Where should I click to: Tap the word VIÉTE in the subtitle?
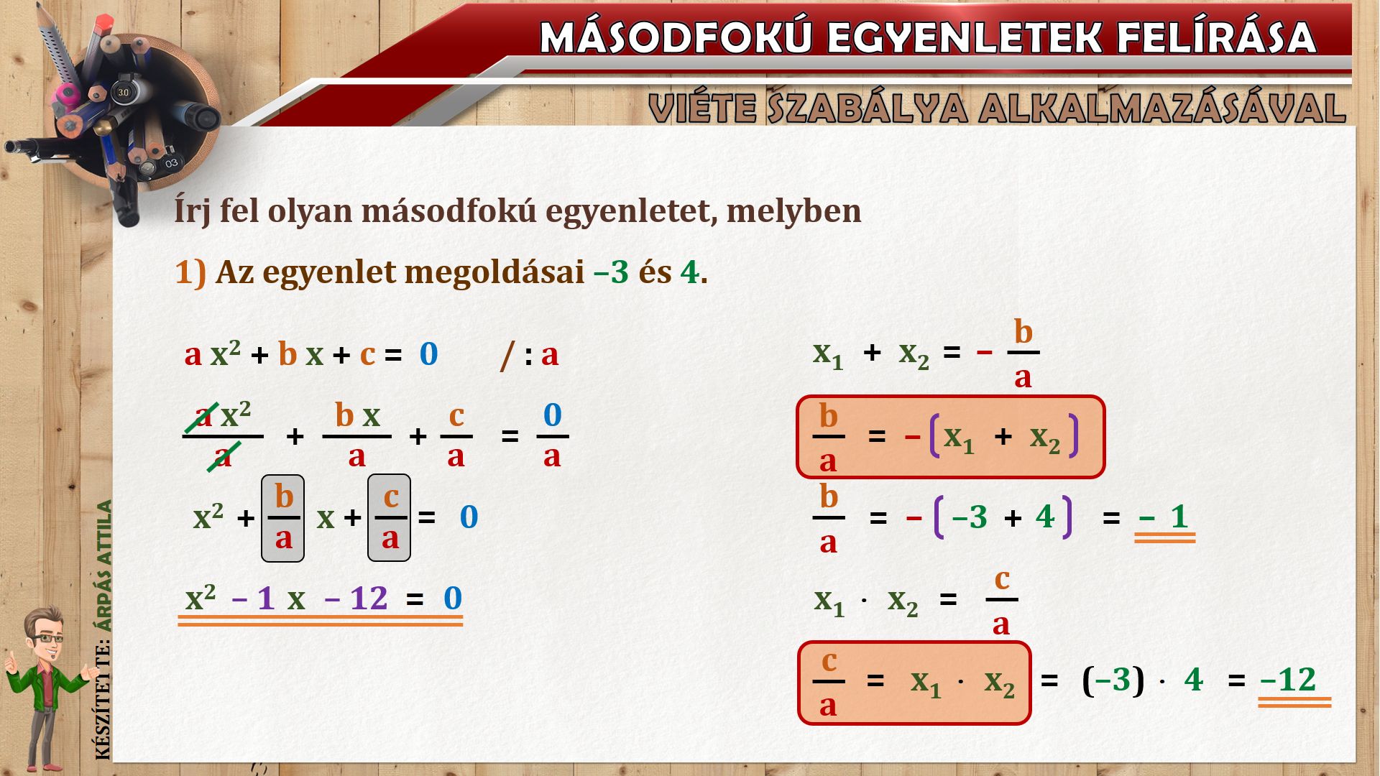point(701,108)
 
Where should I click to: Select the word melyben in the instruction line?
point(793,211)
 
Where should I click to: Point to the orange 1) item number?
point(190,272)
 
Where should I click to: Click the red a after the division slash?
point(550,355)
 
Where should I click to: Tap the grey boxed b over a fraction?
point(283,517)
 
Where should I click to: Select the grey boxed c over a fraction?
point(390,517)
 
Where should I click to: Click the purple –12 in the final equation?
point(356,598)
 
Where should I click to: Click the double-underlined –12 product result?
point(1288,680)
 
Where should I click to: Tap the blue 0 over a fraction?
point(552,415)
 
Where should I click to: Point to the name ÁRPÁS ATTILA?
point(105,565)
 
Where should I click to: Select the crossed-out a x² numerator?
point(223,415)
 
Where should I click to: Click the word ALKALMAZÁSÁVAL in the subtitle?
point(1162,108)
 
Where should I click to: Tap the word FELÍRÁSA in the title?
point(1215,37)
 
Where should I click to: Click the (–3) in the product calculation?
point(1113,679)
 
